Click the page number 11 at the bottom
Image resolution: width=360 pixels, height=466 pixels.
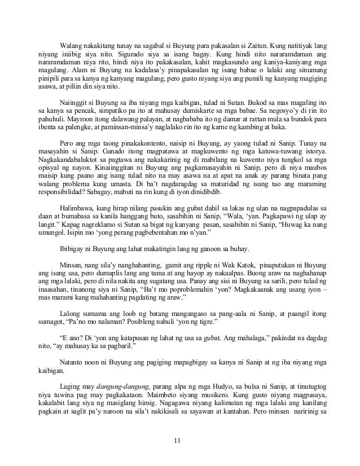pos(180,440)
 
